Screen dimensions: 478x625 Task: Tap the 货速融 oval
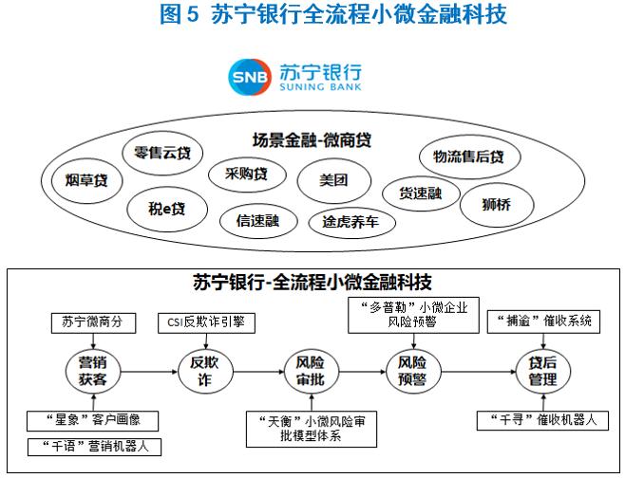(x=421, y=193)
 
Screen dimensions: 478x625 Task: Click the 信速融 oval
(x=258, y=221)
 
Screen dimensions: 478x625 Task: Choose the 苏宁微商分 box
(x=94, y=322)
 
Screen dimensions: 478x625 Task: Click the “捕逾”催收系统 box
(x=543, y=322)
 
